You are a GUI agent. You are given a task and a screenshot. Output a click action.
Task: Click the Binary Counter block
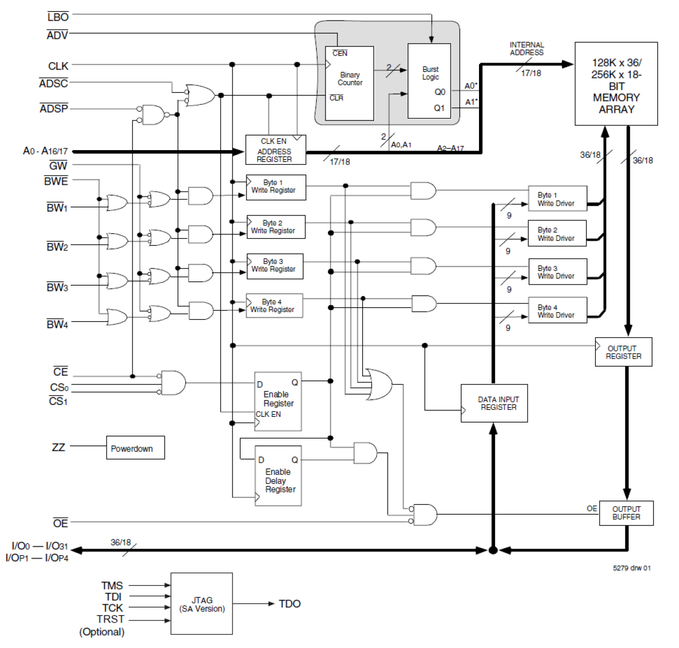[x=349, y=83]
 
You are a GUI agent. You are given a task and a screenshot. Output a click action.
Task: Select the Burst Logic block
[x=429, y=81]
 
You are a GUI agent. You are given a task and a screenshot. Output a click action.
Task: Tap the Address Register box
[x=275, y=150]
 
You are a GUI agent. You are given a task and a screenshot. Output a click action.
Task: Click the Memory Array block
[x=616, y=84]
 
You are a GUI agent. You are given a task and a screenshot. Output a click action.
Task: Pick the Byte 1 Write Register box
[x=276, y=187]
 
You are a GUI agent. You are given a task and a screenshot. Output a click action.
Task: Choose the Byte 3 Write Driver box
[x=557, y=272]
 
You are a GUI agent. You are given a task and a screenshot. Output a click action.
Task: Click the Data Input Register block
[x=494, y=403]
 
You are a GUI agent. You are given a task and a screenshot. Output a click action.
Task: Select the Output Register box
[x=623, y=352]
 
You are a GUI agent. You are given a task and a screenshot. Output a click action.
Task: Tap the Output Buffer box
[x=626, y=513]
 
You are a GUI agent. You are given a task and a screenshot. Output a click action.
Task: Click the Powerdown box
[x=135, y=448]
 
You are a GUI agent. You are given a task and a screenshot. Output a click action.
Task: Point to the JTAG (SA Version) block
[x=202, y=604]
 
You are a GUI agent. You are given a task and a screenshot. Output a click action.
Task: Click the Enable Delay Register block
[x=278, y=476]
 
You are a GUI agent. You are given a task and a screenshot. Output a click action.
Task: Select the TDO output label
[x=290, y=604]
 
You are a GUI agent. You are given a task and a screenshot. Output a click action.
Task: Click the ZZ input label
[x=58, y=447]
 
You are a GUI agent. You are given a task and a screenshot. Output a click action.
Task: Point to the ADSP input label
[x=54, y=109]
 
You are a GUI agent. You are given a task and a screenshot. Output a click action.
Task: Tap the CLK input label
[x=58, y=66]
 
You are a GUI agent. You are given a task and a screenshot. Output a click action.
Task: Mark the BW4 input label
[x=57, y=324]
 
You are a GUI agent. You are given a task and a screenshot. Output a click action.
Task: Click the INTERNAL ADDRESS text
[x=527, y=49]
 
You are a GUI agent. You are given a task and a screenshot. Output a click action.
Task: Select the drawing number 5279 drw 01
[x=631, y=568]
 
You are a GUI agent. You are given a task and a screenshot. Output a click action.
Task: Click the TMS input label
[x=112, y=585]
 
